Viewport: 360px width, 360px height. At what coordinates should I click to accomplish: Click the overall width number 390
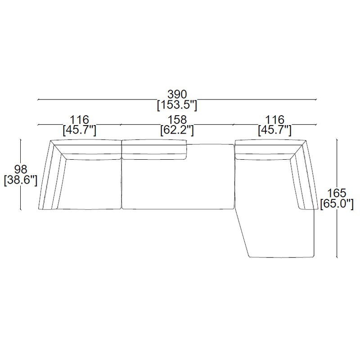tap(177, 94)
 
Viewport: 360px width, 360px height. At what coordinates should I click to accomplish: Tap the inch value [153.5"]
tap(177, 105)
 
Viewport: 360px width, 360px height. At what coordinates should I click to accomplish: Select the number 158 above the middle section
tap(177, 120)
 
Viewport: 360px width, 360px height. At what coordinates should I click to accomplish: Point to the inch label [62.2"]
tap(177, 130)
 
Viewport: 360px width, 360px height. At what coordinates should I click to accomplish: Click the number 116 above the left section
tap(79, 120)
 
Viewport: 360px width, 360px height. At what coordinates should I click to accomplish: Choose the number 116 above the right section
tap(274, 120)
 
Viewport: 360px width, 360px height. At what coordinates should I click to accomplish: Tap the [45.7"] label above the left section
tap(80, 130)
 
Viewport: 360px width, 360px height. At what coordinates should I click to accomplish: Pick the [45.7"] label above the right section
tap(275, 130)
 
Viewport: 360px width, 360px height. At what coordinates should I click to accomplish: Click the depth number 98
tap(21, 170)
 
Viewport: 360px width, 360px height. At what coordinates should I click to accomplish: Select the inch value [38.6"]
tap(21, 180)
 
